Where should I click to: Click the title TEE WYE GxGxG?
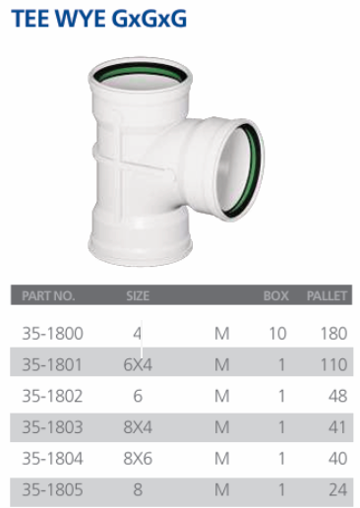(99, 18)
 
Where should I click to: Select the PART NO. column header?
(48, 296)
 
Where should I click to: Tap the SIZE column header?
(138, 296)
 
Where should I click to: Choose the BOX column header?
(275, 296)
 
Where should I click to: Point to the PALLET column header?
(327, 296)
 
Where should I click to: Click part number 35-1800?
(52, 334)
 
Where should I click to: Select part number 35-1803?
(52, 427)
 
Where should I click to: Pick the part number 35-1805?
(52, 489)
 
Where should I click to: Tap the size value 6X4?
(138, 364)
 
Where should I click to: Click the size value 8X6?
(138, 459)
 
